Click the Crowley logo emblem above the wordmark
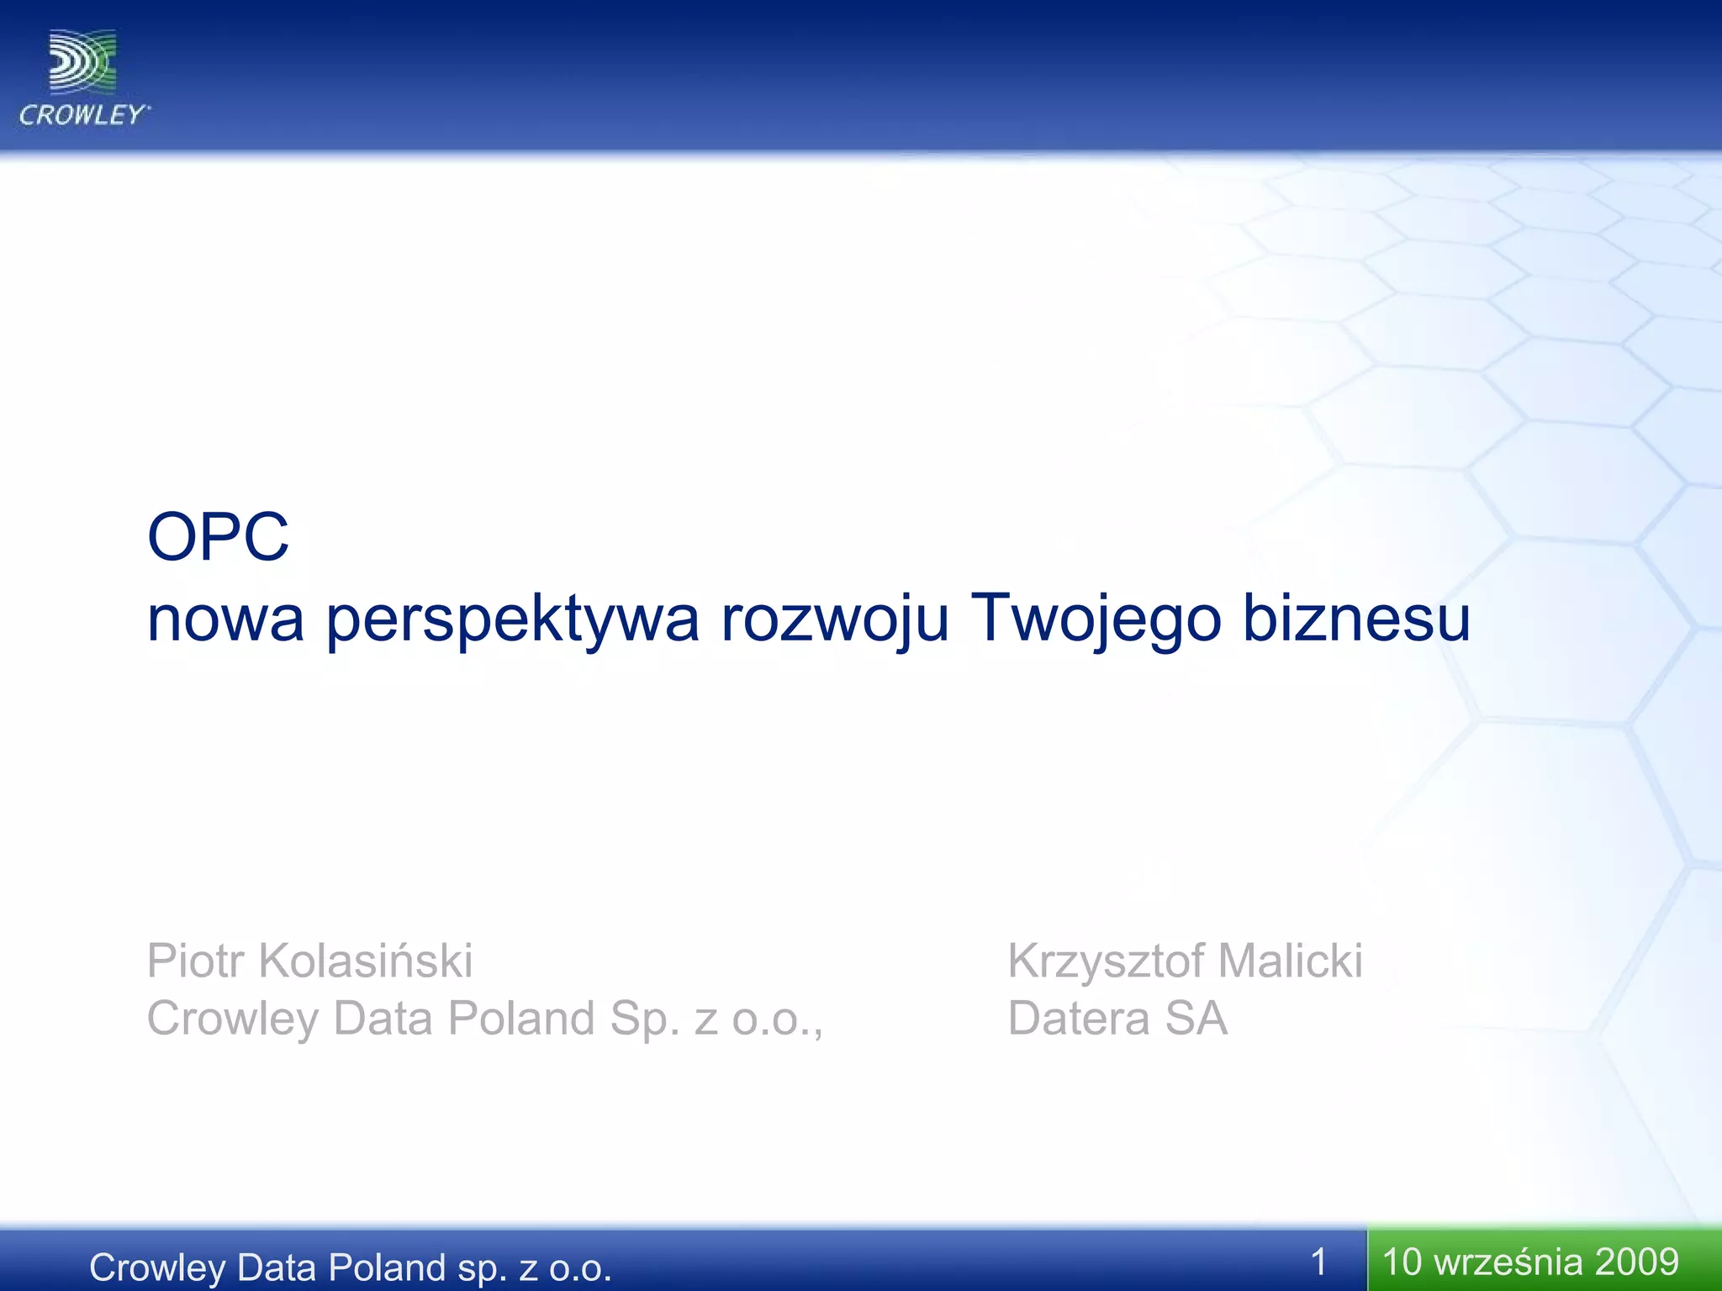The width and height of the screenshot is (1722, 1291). (x=82, y=61)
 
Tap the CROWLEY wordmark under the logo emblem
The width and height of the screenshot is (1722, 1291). (x=83, y=115)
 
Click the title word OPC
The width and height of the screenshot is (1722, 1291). (x=218, y=537)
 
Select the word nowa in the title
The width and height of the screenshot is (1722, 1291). (x=225, y=619)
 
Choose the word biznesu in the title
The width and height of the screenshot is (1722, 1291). (x=1356, y=619)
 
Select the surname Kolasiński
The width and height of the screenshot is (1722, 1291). (x=365, y=961)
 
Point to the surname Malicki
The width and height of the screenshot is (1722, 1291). (x=1290, y=961)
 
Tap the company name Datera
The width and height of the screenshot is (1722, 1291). (x=1079, y=1019)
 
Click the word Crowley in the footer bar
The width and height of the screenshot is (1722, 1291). (x=155, y=1267)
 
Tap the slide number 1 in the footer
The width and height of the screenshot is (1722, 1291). (x=1318, y=1262)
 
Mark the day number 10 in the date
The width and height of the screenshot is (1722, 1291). (x=1402, y=1262)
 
